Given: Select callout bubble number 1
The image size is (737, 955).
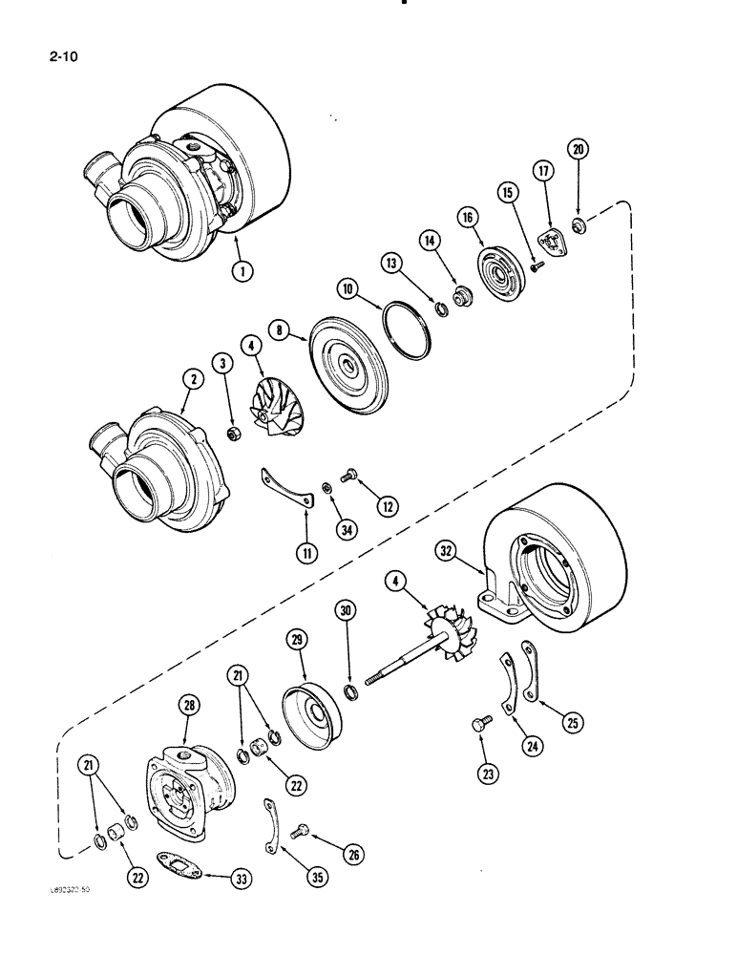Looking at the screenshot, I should point(245,272).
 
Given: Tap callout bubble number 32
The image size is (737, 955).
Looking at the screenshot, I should point(447,550).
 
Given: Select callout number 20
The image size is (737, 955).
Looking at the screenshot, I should point(579,149).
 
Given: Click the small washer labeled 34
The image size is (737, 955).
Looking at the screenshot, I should point(326,489).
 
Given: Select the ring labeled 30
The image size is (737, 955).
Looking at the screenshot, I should point(351,690).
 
